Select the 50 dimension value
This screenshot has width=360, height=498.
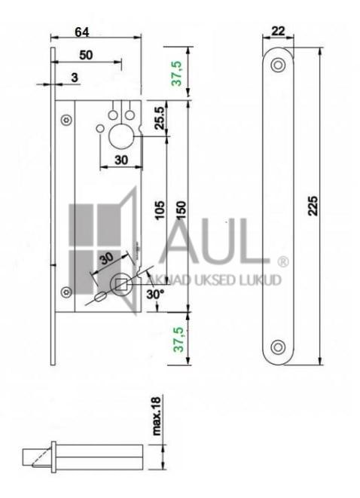tap(86, 55)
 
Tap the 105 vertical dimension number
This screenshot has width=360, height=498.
tap(159, 209)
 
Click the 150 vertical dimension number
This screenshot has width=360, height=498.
tap(181, 209)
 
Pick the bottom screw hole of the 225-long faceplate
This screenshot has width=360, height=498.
tap(278, 347)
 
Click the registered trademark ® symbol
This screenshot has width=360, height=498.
tap(282, 262)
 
